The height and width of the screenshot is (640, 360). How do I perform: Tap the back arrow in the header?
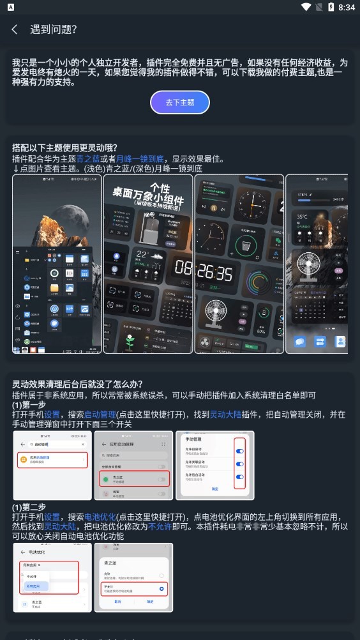pyautogui.click(x=14, y=29)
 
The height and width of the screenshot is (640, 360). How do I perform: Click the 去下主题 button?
pyautogui.click(x=180, y=102)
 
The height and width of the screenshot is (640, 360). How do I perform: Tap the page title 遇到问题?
pyautogui.click(x=54, y=29)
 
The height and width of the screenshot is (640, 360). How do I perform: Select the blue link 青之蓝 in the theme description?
pyautogui.click(x=88, y=159)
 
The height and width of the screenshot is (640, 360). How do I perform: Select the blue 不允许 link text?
pyautogui.click(x=159, y=527)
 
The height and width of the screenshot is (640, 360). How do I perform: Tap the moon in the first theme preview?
pyautogui.click(x=82, y=192)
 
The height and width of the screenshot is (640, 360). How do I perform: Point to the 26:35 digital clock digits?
pyautogui.click(x=213, y=273)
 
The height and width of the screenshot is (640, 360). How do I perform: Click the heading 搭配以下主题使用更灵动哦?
pyautogui.click(x=65, y=148)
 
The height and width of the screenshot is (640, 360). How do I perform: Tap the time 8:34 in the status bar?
pyautogui.click(x=347, y=7)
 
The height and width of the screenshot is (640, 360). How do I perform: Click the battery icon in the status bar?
pyautogui.click(x=331, y=7)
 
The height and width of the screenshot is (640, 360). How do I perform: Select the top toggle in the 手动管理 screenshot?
pyautogui.click(x=239, y=451)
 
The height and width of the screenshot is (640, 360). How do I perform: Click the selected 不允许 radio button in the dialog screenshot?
pyautogui.click(x=161, y=588)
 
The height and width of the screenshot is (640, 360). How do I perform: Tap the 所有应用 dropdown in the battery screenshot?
pyautogui.click(x=33, y=565)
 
